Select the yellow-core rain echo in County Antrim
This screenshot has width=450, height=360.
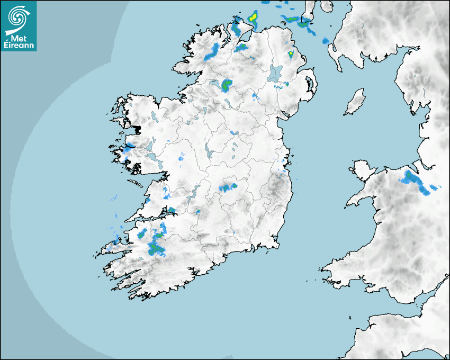(291, 53)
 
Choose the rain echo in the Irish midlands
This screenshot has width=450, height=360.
(228, 187)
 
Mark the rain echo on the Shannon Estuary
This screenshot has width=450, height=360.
(172, 210)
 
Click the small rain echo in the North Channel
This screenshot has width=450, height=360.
(325, 40)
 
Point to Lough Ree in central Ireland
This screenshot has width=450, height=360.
(208, 154)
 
